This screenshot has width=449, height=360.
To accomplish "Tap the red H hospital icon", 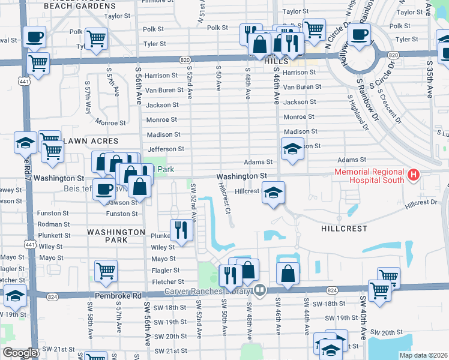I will pyautogui.click(x=412, y=175).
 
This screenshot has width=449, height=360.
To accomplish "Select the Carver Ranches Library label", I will pyautogui.click(x=208, y=291).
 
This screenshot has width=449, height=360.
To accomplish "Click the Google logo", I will pyautogui.click(x=20, y=353).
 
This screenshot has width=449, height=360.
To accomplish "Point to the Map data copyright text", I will pyautogui.click(x=423, y=355).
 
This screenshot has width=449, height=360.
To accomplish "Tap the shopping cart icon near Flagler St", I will pyautogui.click(x=106, y=271).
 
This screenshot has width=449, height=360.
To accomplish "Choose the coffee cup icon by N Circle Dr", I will pyautogui.click(x=360, y=35).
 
